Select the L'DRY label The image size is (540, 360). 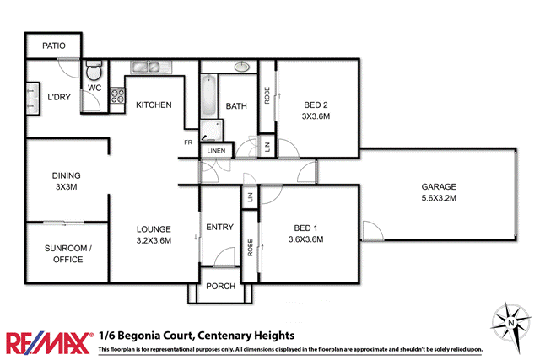tap(59, 98)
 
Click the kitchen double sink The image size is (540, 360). tap(148, 67)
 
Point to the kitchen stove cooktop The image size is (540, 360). tap(118, 94)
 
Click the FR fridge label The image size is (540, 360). tap(189, 142)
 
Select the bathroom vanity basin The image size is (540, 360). tap(242, 66)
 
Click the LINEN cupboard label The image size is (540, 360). tap(216, 151)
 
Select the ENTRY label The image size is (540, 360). tap(219, 228)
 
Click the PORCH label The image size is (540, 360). tap(221, 286)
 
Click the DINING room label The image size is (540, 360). tap(65, 175)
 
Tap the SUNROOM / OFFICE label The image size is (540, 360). tap(67, 254)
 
